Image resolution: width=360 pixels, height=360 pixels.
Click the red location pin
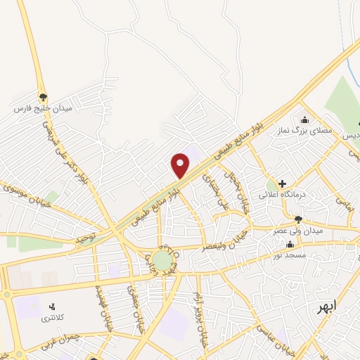[181, 164]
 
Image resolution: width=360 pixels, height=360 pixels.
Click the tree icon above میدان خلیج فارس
[44, 97]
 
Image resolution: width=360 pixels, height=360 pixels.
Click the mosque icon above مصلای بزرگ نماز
[304, 119]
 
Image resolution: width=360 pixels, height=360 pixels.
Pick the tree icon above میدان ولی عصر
[298, 219]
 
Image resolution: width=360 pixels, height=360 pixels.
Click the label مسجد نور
[290, 255]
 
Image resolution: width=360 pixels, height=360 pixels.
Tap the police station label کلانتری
[51, 318]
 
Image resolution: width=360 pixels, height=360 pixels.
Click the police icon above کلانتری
[51, 307]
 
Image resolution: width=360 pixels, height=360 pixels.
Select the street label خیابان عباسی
[274, 337]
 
